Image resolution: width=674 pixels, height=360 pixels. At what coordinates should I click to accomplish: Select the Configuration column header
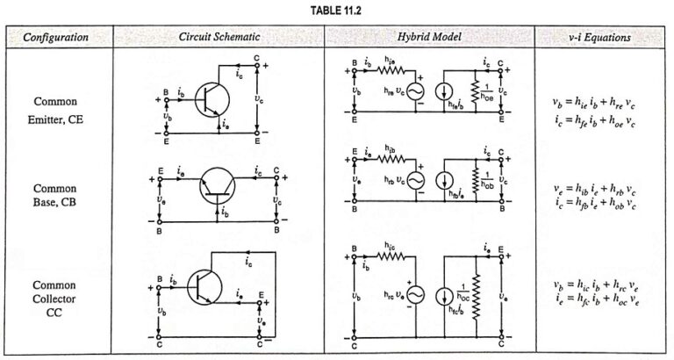click(x=55, y=38)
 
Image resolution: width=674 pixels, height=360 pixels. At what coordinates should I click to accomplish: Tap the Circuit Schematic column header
click(x=218, y=38)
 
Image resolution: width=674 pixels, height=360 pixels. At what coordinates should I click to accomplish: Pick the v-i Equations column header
click(x=603, y=38)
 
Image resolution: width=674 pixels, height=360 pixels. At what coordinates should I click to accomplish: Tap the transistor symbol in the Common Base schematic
click(x=219, y=186)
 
